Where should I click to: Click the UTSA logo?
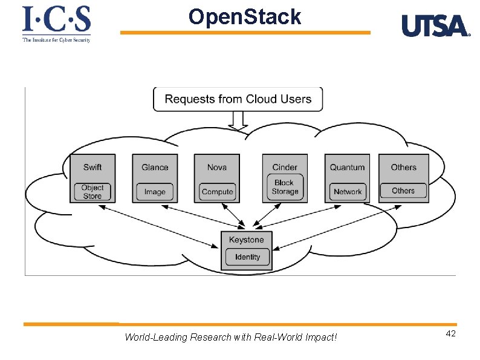(435, 26)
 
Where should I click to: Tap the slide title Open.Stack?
(244, 17)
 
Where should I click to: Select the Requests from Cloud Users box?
(238, 99)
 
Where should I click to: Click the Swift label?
(92, 167)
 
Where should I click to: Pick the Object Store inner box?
(92, 191)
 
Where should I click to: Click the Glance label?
(155, 167)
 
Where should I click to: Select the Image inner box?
(155, 192)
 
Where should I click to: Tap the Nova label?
(217, 167)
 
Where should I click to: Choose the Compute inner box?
(217, 192)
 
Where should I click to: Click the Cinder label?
(285, 167)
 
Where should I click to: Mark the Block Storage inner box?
(285, 187)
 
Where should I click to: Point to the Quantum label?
(347, 167)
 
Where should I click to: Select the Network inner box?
(348, 192)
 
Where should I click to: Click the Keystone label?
(246, 240)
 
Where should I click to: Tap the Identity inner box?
(247, 257)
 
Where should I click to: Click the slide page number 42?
(450, 334)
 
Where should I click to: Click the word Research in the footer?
(210, 337)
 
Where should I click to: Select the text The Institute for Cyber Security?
(56, 40)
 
